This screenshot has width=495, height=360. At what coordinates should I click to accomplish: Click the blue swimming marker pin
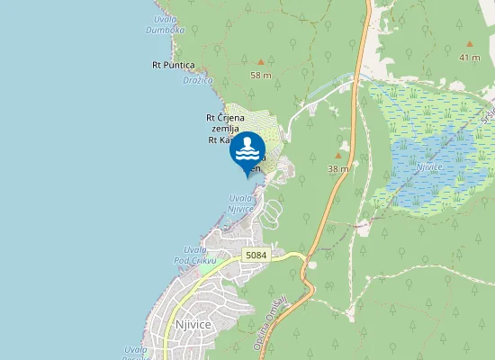pos(247,152)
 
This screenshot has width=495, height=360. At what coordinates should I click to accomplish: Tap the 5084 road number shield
pos(256,256)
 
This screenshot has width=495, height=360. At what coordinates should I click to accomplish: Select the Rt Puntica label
pos(174,65)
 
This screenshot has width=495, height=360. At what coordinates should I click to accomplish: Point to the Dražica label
pos(197,80)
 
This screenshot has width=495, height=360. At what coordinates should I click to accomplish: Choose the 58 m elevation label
pos(261,76)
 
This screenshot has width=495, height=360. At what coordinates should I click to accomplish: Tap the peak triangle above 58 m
pos(261,61)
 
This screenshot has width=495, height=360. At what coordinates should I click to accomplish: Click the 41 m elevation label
pos(469,58)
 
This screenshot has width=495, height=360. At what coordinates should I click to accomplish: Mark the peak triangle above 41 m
pos(469,43)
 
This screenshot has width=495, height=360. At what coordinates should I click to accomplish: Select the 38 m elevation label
pos(338,169)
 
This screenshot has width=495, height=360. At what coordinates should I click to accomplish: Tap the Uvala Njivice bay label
pos(240,203)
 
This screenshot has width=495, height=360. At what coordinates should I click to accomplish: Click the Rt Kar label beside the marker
pos(218,139)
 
